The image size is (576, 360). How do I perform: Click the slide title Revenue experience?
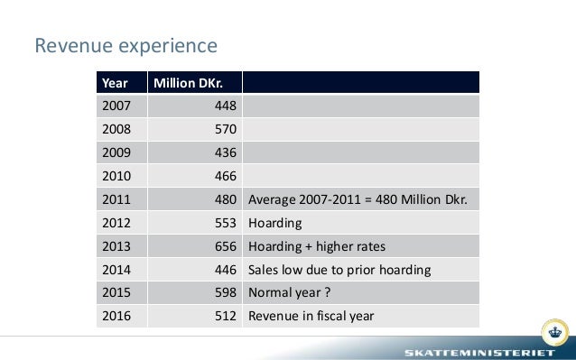click(x=125, y=45)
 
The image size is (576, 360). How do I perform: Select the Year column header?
click(x=115, y=83)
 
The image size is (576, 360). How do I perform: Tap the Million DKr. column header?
click(x=186, y=83)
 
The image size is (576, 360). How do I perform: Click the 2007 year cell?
click(x=116, y=106)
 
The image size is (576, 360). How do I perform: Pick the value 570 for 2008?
click(x=225, y=130)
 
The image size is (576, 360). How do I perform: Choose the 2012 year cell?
click(x=116, y=223)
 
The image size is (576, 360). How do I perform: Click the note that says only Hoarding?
click(x=274, y=223)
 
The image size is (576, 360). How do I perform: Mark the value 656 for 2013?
click(x=225, y=246)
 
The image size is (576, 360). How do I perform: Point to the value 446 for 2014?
click(x=225, y=270)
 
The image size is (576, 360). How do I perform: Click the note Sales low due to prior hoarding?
click(x=339, y=270)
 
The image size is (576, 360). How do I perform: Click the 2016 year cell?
click(x=116, y=316)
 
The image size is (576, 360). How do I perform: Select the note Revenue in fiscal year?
click(x=311, y=316)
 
